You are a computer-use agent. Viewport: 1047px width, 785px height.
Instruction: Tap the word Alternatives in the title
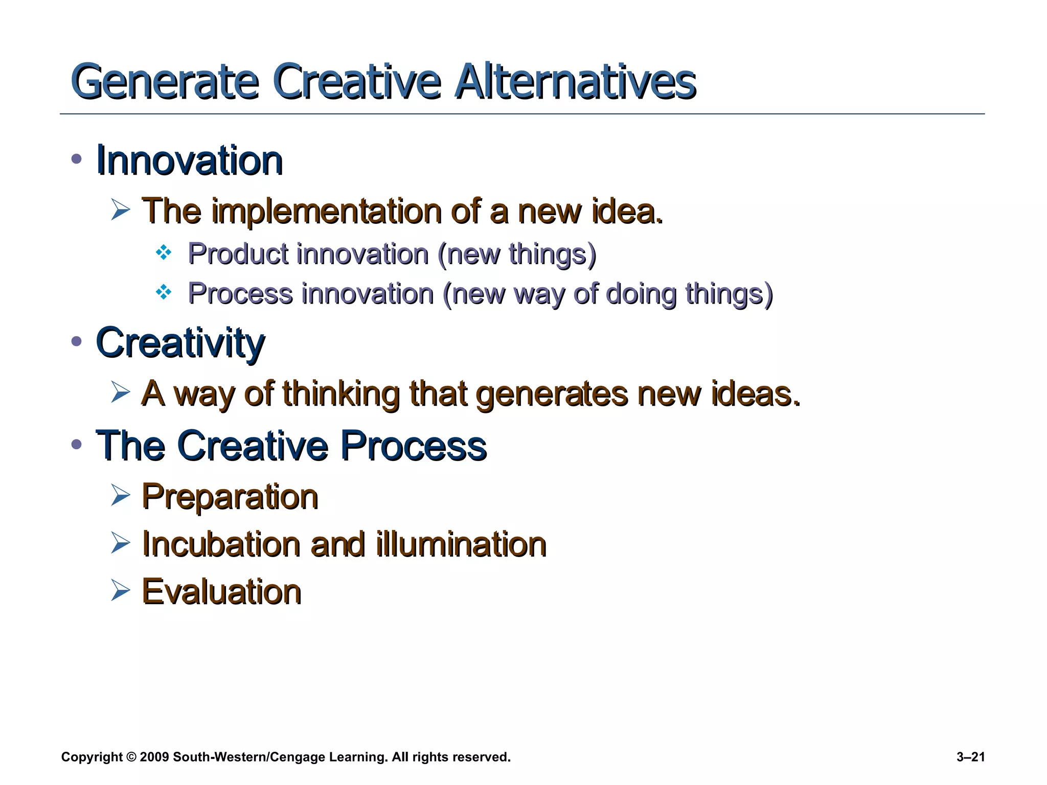coord(575,82)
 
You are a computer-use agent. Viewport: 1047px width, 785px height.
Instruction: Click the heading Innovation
coord(189,160)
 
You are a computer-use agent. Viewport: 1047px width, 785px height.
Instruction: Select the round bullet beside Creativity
coord(77,341)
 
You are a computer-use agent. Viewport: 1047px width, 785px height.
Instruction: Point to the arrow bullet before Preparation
coord(120,495)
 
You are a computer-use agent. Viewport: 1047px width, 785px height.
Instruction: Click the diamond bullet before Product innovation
coord(164,252)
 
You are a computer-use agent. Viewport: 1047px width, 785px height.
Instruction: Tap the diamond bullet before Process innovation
coord(164,292)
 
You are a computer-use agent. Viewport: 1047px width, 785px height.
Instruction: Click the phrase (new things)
coord(517,254)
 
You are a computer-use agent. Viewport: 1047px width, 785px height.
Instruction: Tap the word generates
coord(552,395)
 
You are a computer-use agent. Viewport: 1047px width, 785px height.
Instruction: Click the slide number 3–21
coord(970,757)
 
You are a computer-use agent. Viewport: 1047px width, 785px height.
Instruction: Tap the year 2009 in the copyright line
coord(154,757)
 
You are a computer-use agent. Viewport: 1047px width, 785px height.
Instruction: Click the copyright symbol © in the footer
coord(131,757)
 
